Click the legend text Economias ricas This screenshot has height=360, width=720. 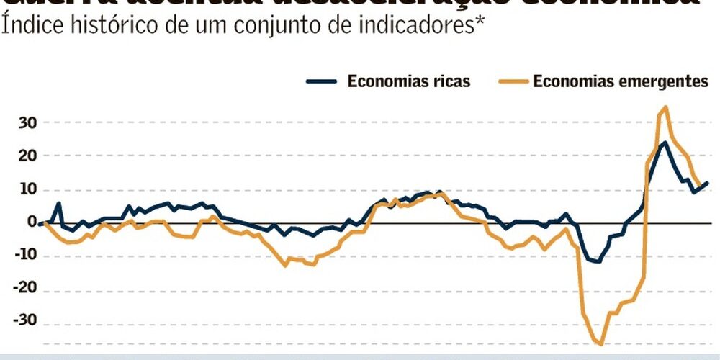[409, 81]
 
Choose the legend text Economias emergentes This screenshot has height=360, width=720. [621, 81]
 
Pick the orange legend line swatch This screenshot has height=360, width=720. [513, 81]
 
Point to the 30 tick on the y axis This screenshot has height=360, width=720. [27, 122]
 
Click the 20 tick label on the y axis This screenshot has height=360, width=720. [27, 156]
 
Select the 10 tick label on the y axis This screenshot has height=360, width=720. [27, 189]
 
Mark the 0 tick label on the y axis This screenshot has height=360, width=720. [32, 222]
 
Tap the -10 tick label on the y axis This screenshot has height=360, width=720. [24, 256]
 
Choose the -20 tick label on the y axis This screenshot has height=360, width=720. [24, 289]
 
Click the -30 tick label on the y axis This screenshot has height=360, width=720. [24, 323]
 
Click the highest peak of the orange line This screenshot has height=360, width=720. [665, 107]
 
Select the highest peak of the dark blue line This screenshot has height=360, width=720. [665, 142]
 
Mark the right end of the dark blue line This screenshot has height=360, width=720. [707, 183]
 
